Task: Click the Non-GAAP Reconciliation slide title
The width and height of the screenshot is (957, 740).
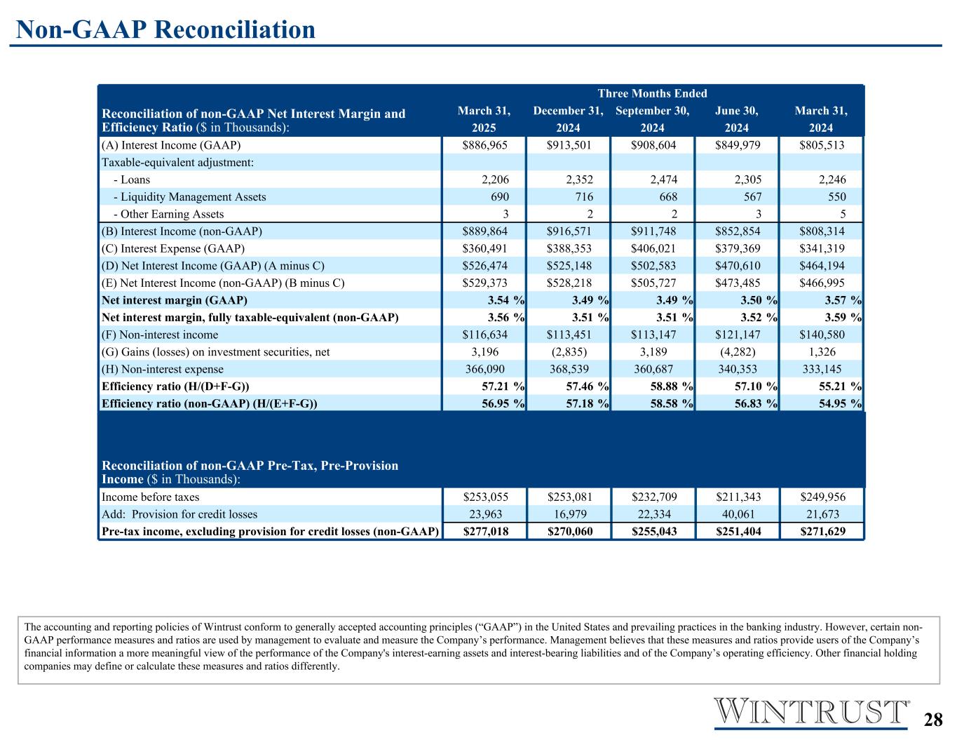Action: pyautogui.click(x=165, y=29)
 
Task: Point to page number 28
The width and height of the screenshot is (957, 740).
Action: pyautogui.click(x=932, y=720)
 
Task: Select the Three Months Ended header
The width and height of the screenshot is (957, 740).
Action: pyautogui.click(x=652, y=93)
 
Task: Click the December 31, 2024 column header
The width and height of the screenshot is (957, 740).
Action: pyautogui.click(x=568, y=119)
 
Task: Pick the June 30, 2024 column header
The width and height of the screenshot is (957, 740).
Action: pyautogui.click(x=736, y=119)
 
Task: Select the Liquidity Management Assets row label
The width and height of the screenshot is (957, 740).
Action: pyautogui.click(x=189, y=197)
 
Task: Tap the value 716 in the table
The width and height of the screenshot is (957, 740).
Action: pyautogui.click(x=583, y=197)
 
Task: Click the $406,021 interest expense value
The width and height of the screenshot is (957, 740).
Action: pyautogui.click(x=653, y=248)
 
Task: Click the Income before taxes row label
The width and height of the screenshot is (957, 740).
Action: pyautogui.click(x=151, y=497)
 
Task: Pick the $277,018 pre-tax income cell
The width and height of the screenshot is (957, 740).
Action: pyautogui.click(x=484, y=531)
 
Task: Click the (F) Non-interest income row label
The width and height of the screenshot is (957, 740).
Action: pyautogui.click(x=160, y=335)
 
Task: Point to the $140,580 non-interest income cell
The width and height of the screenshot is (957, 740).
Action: pyautogui.click(x=821, y=335)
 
